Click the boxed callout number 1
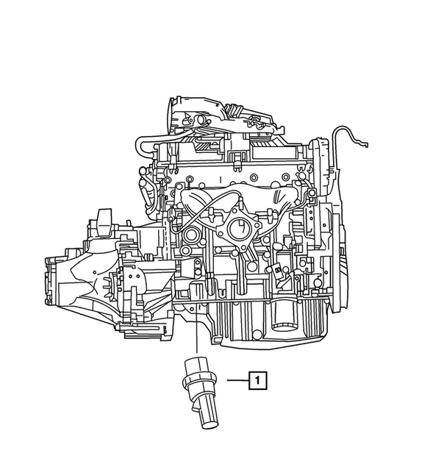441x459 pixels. [258, 380]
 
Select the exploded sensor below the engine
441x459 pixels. [200, 393]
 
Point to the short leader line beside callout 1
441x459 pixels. [238, 380]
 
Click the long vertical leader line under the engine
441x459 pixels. [197, 324]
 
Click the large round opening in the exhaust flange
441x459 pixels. [240, 229]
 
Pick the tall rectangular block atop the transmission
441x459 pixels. [104, 222]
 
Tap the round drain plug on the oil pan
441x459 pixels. [257, 334]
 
